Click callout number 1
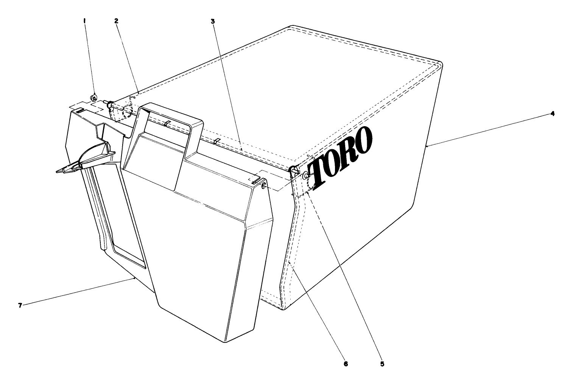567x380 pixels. click(84, 22)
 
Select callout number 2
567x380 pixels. click(117, 22)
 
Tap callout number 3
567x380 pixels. click(213, 22)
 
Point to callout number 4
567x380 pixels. click(553, 114)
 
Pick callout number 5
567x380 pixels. click(382, 364)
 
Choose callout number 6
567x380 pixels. click(346, 364)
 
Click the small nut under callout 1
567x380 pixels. click(94, 98)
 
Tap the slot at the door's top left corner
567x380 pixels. click(78, 111)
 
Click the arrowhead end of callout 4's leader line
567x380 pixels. click(427, 146)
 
